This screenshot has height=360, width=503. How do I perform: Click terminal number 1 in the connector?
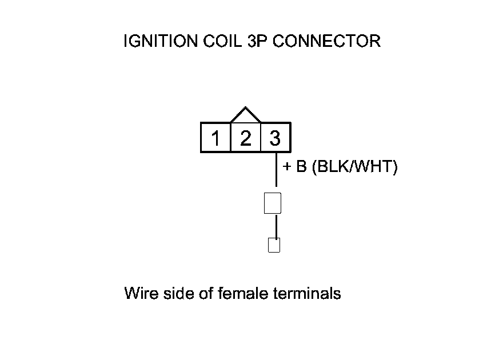pyautogui.click(x=215, y=138)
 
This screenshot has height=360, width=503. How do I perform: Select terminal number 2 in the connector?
pyautogui.click(x=245, y=138)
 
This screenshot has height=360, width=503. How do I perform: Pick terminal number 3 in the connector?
pyautogui.click(x=275, y=138)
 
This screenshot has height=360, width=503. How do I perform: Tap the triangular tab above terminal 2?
pyautogui.click(x=245, y=115)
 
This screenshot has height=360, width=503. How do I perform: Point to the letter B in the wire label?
pyautogui.click(x=301, y=168)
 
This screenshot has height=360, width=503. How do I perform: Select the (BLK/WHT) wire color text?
pyautogui.click(x=354, y=168)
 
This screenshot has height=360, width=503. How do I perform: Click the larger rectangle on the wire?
pyautogui.click(x=273, y=203)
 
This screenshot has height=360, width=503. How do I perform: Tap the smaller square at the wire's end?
pyautogui.click(x=274, y=245)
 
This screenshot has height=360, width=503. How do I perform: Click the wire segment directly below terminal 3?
pyautogui.click(x=277, y=170)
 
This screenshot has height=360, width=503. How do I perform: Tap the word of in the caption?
pyautogui.click(x=205, y=294)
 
